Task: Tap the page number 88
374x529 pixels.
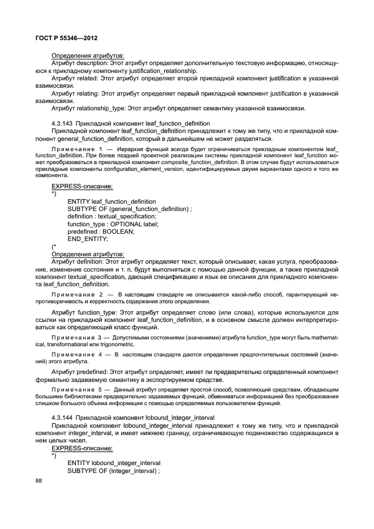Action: (x=39, y=480)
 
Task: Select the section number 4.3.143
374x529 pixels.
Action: (x=62, y=123)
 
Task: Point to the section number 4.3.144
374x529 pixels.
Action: (x=62, y=416)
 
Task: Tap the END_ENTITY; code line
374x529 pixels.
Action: (x=88, y=239)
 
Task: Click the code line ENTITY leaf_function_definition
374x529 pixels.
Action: (x=111, y=201)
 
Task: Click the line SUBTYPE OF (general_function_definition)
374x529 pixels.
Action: (x=130, y=209)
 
